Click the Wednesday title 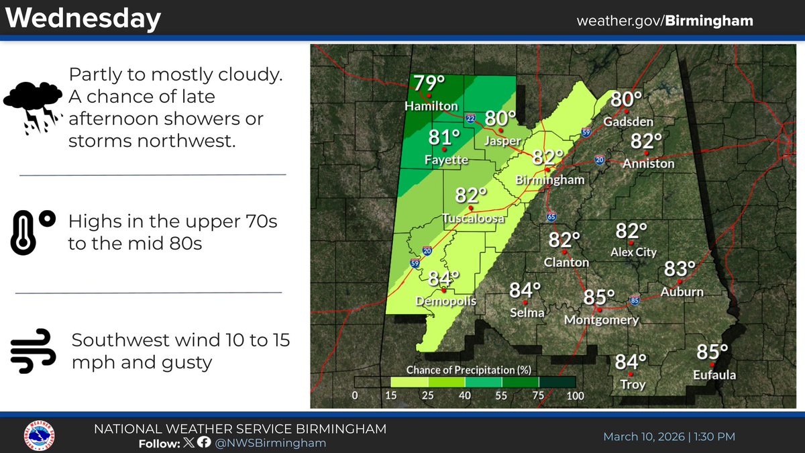[x=84, y=18]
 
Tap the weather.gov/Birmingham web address [x=664, y=21]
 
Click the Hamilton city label [x=431, y=107]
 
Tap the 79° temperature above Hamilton [x=429, y=84]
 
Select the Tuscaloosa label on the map [x=474, y=218]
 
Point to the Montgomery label [x=601, y=320]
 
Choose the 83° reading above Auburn [x=680, y=269]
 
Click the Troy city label [x=631, y=385]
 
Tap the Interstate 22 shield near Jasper [x=471, y=118]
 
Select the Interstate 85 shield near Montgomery [x=635, y=299]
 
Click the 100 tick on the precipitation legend [x=575, y=396]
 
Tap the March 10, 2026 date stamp [x=669, y=436]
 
